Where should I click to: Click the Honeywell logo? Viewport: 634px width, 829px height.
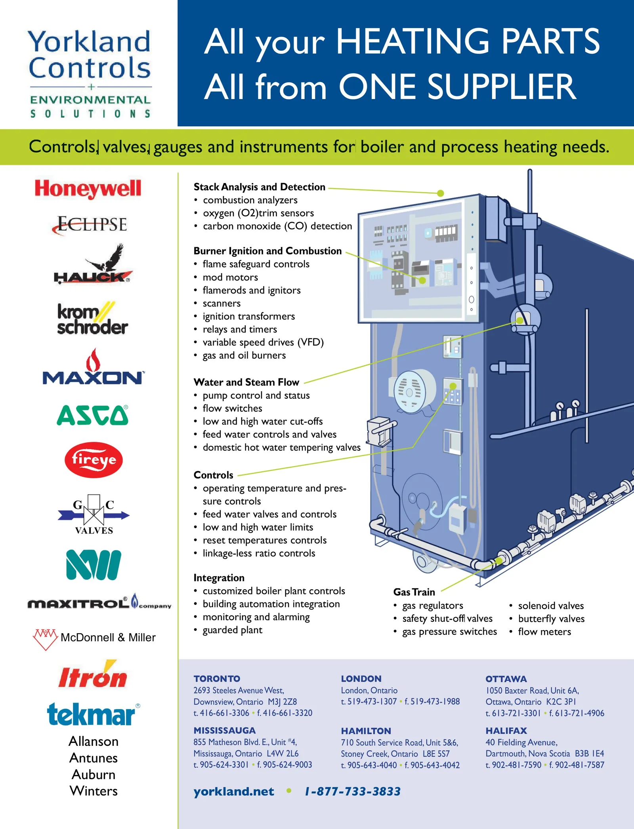88,189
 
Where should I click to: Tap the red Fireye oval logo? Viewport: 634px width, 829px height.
94,460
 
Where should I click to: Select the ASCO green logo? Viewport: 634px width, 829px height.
93,415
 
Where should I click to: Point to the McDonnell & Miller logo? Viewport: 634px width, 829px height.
94,638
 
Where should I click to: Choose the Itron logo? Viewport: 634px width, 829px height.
93,674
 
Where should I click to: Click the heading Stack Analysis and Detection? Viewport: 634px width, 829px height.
260,187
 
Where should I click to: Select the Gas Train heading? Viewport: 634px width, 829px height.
414,592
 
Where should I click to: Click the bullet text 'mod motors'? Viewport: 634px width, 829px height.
230,277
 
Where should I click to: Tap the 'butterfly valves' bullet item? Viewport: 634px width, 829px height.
551,619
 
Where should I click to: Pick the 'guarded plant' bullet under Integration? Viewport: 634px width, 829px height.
233,630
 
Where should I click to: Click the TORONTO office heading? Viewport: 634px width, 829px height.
217,679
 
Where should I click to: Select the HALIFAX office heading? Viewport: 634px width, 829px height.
506,731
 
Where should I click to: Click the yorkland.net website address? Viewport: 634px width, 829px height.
234,792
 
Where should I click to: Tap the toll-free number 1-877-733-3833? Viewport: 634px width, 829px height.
353,792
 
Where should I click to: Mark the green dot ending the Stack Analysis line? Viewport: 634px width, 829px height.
441,193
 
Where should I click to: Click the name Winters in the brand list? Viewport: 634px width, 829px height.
94,791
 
